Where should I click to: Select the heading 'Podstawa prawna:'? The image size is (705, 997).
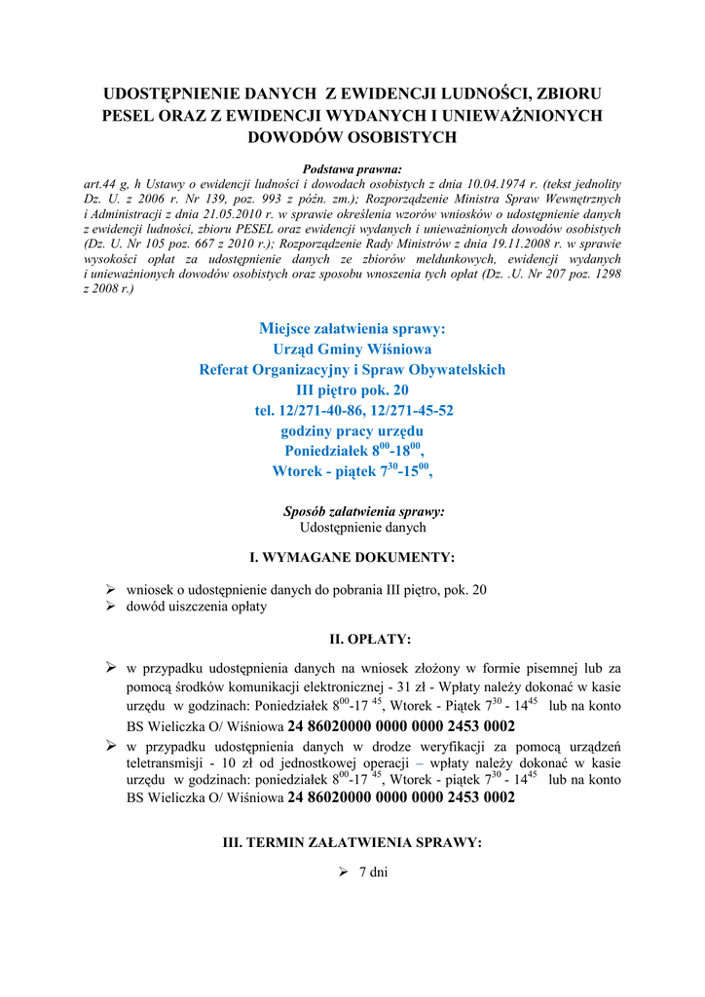352,168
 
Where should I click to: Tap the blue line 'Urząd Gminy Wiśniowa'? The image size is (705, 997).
352,349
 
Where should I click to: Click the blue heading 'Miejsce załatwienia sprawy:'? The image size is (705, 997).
352,329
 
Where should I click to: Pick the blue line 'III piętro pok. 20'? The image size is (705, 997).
352,389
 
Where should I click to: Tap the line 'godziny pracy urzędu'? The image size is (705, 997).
352,430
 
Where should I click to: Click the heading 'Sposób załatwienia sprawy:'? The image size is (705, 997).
364,511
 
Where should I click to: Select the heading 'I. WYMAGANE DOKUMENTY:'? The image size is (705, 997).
352,558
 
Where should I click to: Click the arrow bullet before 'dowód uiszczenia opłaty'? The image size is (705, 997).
111,606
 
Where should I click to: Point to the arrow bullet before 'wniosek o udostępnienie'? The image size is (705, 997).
111,590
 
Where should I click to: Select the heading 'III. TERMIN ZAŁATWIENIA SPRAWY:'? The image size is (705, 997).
352,842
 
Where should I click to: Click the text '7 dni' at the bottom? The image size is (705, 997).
374,872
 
